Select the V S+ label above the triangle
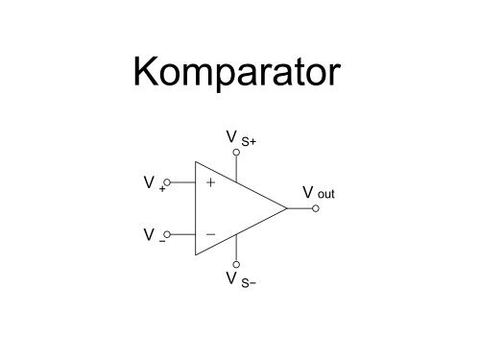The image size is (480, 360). point(241,140)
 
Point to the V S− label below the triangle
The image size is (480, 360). point(241,279)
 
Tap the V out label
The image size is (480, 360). point(318,193)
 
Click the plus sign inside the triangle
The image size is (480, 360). point(210,180)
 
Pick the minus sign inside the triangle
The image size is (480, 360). point(210,233)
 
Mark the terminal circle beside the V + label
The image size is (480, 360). point(167,180)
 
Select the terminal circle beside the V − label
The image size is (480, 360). point(167,233)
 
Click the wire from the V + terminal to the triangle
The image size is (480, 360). point(182,180)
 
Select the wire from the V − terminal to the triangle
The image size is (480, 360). point(182,233)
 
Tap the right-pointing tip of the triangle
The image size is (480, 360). point(286,207)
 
